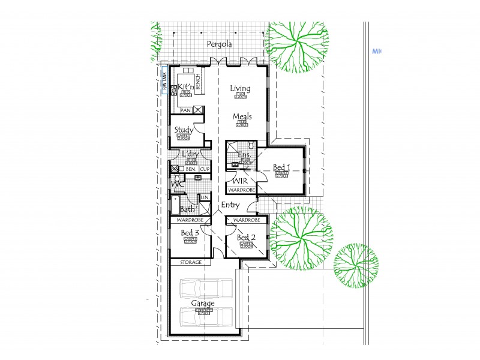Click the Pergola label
tap(219, 44)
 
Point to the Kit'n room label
tap(185, 87)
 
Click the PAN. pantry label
tap(185, 110)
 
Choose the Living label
tap(241, 89)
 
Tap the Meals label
tap(241, 116)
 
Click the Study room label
tap(183, 130)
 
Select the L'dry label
tap(190, 155)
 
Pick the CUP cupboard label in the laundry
tap(205, 169)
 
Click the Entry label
tap(230, 205)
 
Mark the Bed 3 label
tap(190, 233)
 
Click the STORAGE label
tap(190, 263)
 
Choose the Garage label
tap(203, 304)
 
